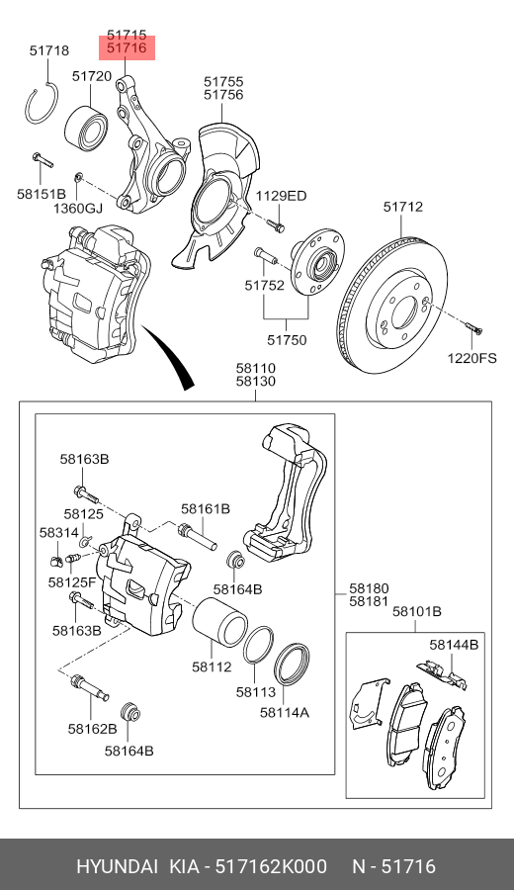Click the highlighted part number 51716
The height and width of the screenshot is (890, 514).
tap(127, 48)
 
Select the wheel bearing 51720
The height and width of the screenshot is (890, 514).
tap(86, 128)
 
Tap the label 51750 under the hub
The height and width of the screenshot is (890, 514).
tap(287, 340)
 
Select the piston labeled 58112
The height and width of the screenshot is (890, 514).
tap(219, 623)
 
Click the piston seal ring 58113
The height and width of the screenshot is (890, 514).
tap(258, 645)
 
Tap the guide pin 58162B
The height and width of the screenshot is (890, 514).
tap(89, 687)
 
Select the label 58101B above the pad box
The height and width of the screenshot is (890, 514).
tap(417, 611)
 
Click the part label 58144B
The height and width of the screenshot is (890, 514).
tap(454, 644)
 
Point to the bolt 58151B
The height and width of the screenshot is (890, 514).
tap(43, 160)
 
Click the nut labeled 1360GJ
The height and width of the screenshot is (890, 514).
tap(79, 177)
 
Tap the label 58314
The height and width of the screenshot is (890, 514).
tap(59, 532)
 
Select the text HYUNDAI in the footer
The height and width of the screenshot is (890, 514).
tap(118, 866)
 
